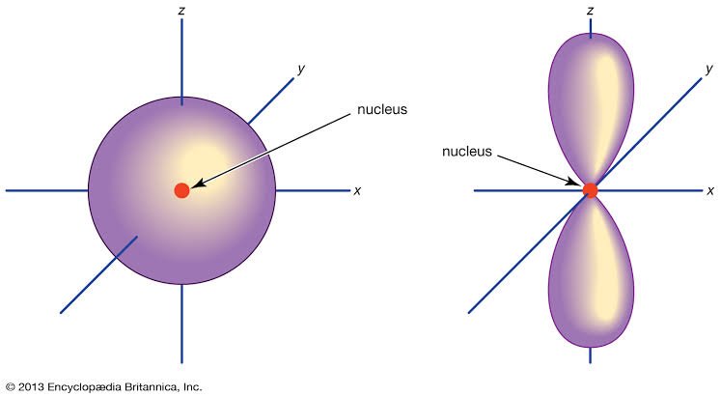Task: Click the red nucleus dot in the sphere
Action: point(181,190)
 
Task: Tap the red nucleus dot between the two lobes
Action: point(590,190)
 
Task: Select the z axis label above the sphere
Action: point(181,10)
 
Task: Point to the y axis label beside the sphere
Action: point(301,69)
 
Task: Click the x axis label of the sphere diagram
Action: point(357,190)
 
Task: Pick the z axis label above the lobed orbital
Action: point(590,10)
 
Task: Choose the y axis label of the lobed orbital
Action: point(709,69)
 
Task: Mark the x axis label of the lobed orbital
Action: point(710,190)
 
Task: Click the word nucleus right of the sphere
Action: point(382,109)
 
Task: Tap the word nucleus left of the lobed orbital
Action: point(467,152)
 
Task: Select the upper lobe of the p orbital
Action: point(591,108)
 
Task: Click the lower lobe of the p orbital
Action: point(591,272)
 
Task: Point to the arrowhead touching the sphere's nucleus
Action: point(198,184)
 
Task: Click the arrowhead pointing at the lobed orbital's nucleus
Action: point(575,182)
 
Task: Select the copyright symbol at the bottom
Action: point(11,387)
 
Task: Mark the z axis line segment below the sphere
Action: point(181,324)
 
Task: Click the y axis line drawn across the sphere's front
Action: point(98,274)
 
